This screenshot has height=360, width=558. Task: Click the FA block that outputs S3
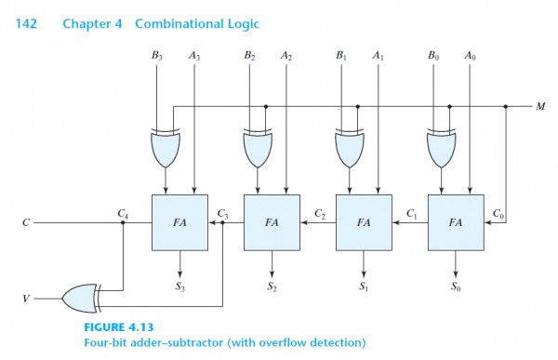[179, 223]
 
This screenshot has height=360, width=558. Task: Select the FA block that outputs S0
[456, 223]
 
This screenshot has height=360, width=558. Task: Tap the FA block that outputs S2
[272, 223]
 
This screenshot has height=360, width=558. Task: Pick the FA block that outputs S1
[364, 223]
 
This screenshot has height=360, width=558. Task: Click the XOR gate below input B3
[165, 146]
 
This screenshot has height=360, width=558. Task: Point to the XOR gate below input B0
[441, 146]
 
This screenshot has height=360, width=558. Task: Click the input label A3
[193, 56]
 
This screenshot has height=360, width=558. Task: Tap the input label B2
[250, 56]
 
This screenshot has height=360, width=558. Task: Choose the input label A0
[470, 56]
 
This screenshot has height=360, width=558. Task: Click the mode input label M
[540, 106]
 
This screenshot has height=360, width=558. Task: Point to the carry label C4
[123, 214]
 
